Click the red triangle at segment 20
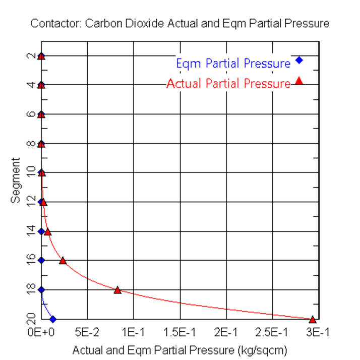[313, 319]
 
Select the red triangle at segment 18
[117, 290]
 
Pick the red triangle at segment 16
[63, 261]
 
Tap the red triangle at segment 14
[47, 232]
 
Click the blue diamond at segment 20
[53, 319]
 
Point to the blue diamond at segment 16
[41, 260]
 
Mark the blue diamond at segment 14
[41, 231]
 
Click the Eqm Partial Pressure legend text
[233, 64]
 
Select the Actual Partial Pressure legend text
[228, 84]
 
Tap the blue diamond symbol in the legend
[299, 60]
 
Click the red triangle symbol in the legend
[299, 81]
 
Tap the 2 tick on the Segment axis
[33, 56]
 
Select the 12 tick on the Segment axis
[33, 202]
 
